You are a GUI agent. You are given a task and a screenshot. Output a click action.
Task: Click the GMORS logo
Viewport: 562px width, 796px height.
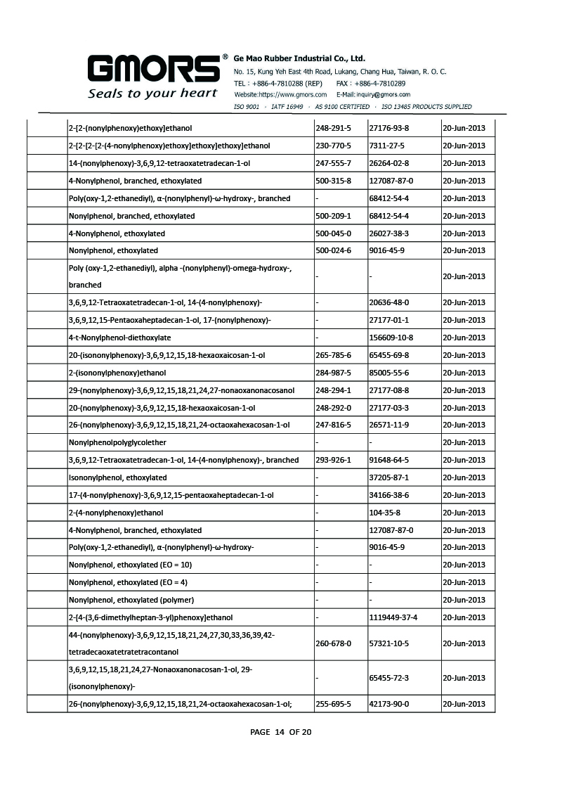pyautogui.click(x=152, y=69)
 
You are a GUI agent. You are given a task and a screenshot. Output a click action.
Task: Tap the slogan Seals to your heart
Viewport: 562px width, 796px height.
pyautogui.click(x=152, y=94)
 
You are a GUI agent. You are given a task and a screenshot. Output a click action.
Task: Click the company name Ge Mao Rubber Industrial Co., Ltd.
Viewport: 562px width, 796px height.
pyautogui.click(x=299, y=58)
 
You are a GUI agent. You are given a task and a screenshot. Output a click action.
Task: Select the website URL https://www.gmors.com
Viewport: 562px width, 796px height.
pyautogui.click(x=280, y=94)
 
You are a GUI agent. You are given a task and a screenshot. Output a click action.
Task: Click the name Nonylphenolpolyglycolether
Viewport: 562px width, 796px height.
pyautogui.click(x=117, y=442)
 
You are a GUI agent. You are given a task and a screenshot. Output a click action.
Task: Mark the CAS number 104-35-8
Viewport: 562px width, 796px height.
pyautogui.click(x=385, y=513)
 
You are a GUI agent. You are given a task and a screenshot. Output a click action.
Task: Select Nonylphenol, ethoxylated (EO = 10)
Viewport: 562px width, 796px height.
pyautogui.click(x=130, y=565)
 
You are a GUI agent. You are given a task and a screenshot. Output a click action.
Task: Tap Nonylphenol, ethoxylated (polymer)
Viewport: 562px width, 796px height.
pyautogui.click(x=131, y=600)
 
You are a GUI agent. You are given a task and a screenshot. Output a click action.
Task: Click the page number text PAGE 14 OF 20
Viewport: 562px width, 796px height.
pyautogui.click(x=281, y=732)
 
